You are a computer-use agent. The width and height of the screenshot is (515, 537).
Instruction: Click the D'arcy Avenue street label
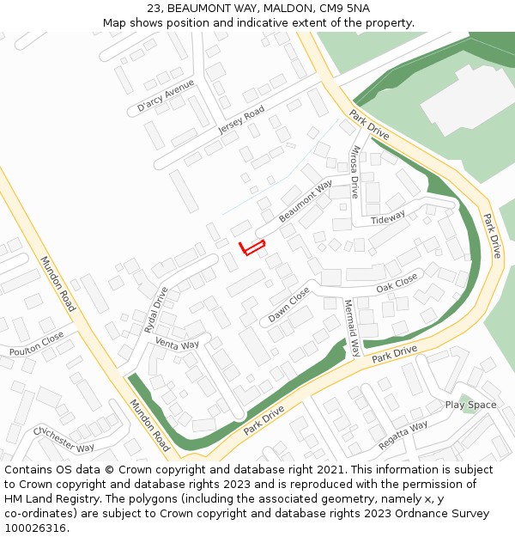(166, 96)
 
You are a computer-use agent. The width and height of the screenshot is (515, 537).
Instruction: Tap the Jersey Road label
(241, 121)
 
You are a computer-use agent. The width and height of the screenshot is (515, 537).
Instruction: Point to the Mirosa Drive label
(354, 171)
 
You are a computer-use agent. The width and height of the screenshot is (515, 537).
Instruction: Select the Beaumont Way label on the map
(305, 201)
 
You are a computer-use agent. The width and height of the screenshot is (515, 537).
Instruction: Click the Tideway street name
(387, 218)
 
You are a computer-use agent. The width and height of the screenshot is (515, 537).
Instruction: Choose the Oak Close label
(397, 283)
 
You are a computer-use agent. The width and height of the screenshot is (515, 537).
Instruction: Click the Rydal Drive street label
(156, 309)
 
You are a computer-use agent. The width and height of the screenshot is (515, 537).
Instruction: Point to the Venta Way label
(177, 344)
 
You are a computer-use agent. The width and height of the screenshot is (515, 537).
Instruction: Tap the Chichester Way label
(64, 439)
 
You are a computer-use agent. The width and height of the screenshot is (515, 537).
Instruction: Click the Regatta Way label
(403, 435)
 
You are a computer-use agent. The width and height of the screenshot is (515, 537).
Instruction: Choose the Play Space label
(470, 405)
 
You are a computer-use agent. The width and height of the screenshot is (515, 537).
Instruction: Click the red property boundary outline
(251, 247)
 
